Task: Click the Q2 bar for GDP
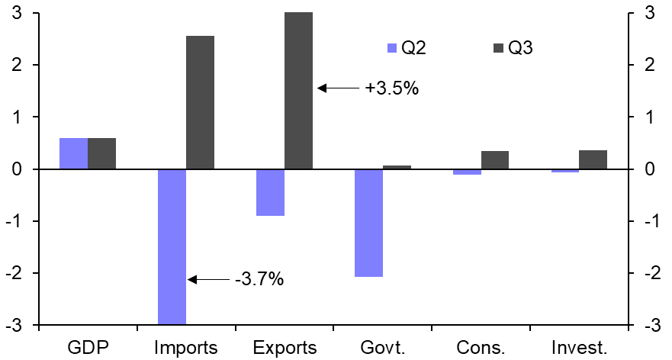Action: click(x=74, y=153)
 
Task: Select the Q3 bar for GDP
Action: click(x=101, y=153)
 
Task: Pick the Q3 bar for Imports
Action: click(x=200, y=102)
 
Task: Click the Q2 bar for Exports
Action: click(x=270, y=192)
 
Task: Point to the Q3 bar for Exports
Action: click(x=298, y=91)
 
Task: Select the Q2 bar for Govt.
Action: click(x=368, y=223)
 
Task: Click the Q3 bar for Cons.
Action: click(x=494, y=160)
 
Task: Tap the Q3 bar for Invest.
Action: click(x=593, y=159)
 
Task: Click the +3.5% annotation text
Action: click(x=391, y=88)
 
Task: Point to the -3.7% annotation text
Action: click(x=259, y=280)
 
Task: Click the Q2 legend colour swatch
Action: click(x=393, y=49)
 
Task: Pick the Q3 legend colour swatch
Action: click(x=499, y=49)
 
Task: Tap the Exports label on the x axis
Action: click(x=285, y=349)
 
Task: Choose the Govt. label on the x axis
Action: click(x=383, y=349)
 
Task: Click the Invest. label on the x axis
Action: click(x=579, y=349)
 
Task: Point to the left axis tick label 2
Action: click(x=15, y=65)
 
